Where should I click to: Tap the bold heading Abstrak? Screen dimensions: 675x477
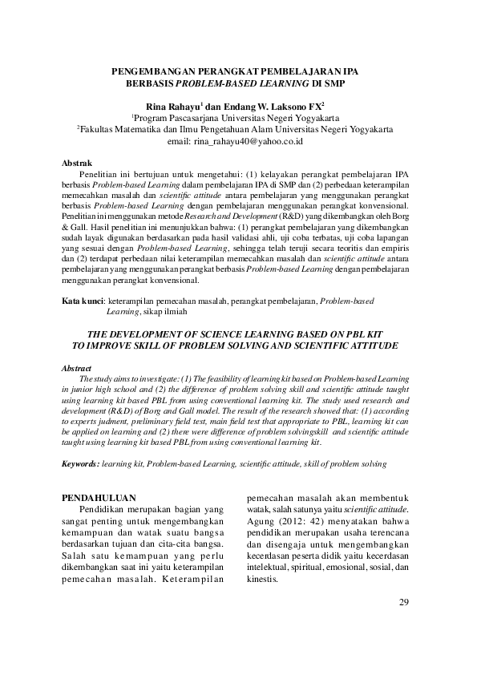(x=77, y=161)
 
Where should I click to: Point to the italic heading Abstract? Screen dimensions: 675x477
(x=78, y=368)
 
